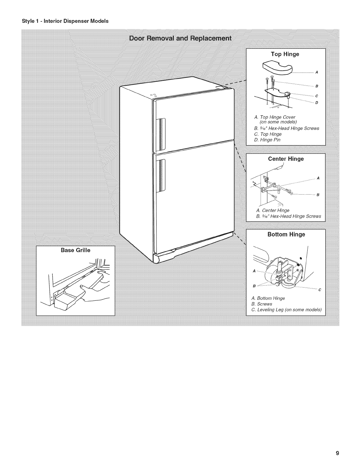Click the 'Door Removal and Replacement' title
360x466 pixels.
[180, 39]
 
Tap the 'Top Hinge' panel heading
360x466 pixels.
[285, 54]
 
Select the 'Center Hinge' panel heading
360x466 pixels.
[286, 159]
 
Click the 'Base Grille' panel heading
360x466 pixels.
[75, 250]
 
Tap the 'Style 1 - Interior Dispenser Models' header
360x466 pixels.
[65, 21]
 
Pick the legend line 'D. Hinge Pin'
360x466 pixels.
[267, 140]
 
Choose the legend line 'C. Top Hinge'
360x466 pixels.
[268, 134]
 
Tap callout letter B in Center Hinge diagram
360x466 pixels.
[318, 195]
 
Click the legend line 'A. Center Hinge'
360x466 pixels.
[273, 210]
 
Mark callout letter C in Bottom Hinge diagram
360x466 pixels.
[319, 290]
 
